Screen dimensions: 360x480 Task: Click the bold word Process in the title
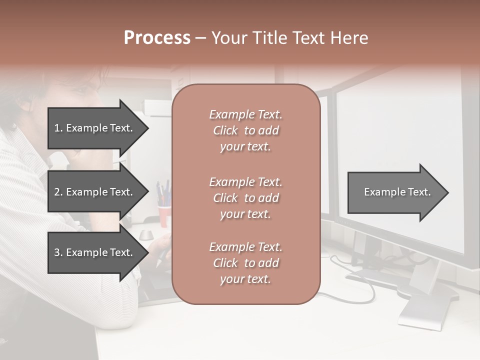pos(157,38)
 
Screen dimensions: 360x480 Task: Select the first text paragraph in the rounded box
pos(245,130)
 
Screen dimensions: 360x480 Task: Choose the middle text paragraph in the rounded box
pos(245,198)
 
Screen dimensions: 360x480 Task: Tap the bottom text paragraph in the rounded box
pos(245,263)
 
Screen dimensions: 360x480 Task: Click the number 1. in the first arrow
pos(58,128)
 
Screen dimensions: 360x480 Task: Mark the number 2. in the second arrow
pos(58,192)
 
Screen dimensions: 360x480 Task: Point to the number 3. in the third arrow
pos(58,252)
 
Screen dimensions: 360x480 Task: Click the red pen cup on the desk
pos(163,215)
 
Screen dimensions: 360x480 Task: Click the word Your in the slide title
pos(229,38)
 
